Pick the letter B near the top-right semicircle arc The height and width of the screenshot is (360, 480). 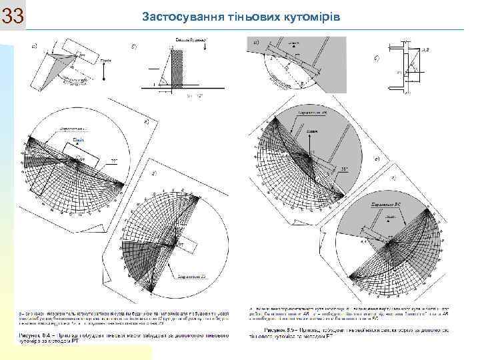point(302,83)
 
